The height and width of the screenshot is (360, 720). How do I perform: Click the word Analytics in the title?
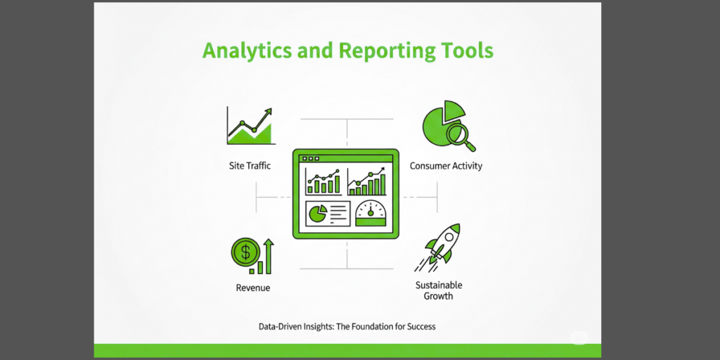point(247,51)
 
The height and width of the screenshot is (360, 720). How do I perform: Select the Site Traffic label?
point(250,166)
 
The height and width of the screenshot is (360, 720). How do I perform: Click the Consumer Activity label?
point(446,166)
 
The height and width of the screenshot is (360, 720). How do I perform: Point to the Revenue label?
point(252,288)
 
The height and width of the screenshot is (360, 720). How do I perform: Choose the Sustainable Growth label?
point(439,290)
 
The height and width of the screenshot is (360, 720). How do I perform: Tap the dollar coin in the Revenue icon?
point(245,252)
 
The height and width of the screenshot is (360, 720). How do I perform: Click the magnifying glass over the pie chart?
point(461,136)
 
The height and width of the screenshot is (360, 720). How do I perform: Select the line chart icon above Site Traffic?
point(250,126)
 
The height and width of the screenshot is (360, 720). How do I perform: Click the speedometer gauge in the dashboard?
point(371,214)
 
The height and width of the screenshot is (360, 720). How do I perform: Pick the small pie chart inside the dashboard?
point(317,214)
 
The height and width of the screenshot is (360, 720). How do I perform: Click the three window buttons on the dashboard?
point(310,158)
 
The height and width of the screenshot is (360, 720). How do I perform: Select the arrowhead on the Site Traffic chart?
point(268,111)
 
